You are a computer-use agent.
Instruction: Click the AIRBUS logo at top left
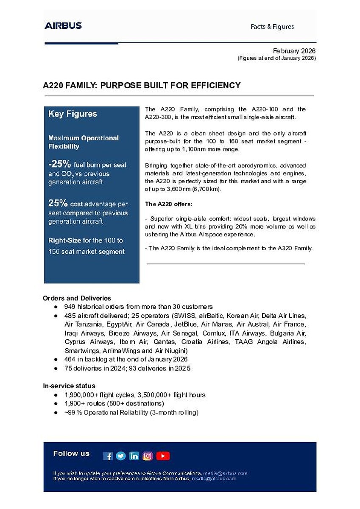(x=63, y=25)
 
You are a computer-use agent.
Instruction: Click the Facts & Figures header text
(x=272, y=27)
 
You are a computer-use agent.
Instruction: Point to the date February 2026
(x=294, y=51)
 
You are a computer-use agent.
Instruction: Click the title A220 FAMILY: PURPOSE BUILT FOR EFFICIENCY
(x=142, y=85)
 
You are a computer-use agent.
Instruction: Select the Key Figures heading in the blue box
(x=73, y=114)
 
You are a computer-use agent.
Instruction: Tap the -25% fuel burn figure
(x=60, y=165)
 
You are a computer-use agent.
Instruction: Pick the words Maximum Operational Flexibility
(x=84, y=142)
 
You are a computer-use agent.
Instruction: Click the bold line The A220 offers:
(x=168, y=204)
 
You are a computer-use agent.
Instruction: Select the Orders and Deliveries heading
(x=77, y=298)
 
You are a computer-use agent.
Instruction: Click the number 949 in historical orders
(x=70, y=306)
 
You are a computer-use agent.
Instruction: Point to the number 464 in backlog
(x=70, y=359)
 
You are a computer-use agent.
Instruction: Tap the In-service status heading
(x=69, y=386)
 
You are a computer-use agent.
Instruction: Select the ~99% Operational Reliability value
(x=73, y=412)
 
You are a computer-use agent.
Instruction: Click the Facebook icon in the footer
(x=108, y=456)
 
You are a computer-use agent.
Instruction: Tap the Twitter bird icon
(x=121, y=456)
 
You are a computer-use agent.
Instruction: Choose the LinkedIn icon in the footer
(x=134, y=456)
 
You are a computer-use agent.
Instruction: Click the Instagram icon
(x=148, y=456)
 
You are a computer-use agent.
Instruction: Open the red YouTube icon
(x=163, y=456)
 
